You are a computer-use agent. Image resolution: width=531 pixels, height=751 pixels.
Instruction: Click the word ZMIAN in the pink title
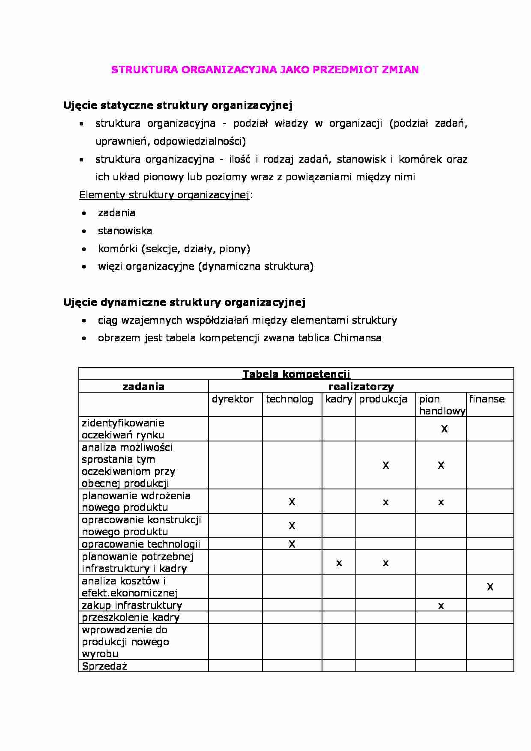tap(400, 70)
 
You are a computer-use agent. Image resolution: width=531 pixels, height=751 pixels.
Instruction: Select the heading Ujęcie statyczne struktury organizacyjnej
tap(178, 105)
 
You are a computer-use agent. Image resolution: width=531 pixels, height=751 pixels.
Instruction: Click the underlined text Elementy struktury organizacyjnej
tap(164, 195)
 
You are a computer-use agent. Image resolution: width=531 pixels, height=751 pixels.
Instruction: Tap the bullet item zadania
tap(116, 213)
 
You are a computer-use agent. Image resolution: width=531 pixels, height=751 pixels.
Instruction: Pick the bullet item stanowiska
tap(125, 231)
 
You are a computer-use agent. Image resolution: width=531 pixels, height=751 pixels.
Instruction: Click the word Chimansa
tap(357, 338)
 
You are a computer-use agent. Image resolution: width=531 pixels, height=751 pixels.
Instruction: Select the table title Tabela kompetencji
tap(296, 374)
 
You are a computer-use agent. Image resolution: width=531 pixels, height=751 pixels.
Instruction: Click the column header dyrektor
tap(233, 399)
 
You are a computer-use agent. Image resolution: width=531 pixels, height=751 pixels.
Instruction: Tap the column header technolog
tap(289, 399)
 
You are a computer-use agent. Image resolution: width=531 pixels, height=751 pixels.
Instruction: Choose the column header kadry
tap(338, 399)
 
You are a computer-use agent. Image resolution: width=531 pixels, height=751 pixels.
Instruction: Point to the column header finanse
tap(487, 399)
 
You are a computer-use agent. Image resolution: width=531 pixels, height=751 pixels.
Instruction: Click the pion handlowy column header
tap(442, 405)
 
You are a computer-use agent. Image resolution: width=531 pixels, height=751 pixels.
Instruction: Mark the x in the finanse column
tap(490, 587)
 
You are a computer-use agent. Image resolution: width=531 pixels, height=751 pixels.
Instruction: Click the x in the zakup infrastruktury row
tap(441, 606)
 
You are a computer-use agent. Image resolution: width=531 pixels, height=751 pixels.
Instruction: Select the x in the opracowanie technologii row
tap(292, 544)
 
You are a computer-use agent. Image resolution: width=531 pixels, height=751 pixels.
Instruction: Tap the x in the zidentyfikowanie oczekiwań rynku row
tap(444, 429)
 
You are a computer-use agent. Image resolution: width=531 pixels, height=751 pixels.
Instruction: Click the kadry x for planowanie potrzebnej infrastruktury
tap(339, 563)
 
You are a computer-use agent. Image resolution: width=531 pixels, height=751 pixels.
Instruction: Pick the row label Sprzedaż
tap(104, 666)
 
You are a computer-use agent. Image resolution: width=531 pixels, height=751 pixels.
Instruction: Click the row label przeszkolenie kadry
tap(131, 617)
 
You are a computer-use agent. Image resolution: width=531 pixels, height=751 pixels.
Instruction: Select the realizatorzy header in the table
tap(361, 387)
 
